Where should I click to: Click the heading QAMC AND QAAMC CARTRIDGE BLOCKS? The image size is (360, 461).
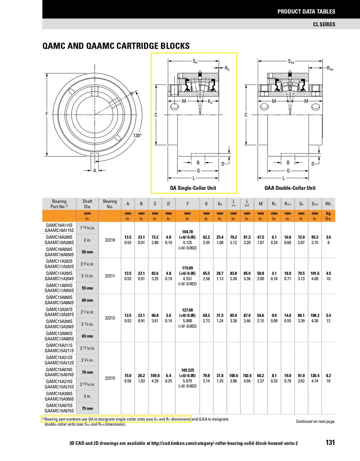point(116,46)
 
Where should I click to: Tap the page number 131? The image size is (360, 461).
point(330,443)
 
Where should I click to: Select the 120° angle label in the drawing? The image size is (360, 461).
point(137,135)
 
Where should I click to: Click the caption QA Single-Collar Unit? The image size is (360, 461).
point(193,188)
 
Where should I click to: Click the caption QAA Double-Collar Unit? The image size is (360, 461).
point(290,188)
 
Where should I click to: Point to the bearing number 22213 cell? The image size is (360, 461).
point(110,318)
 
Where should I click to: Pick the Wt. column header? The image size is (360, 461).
point(328,204)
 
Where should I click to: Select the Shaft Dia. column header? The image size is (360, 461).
point(87,204)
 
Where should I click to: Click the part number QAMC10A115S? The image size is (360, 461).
point(59,225)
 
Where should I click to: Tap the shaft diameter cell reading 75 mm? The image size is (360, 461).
point(87,408)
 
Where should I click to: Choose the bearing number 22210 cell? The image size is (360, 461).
point(110,240)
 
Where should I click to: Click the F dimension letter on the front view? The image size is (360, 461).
point(47,114)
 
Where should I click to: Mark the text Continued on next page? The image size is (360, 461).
point(315,421)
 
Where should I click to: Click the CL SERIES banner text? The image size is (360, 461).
point(324,24)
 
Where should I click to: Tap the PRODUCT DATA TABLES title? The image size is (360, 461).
point(306,12)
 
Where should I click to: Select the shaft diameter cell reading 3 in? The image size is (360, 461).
point(87,396)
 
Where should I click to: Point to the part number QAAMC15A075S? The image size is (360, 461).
point(59,411)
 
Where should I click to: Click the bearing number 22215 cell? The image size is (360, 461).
point(110,378)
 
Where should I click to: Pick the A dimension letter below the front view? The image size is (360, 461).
point(95,170)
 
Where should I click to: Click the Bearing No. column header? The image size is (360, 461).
point(110,204)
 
